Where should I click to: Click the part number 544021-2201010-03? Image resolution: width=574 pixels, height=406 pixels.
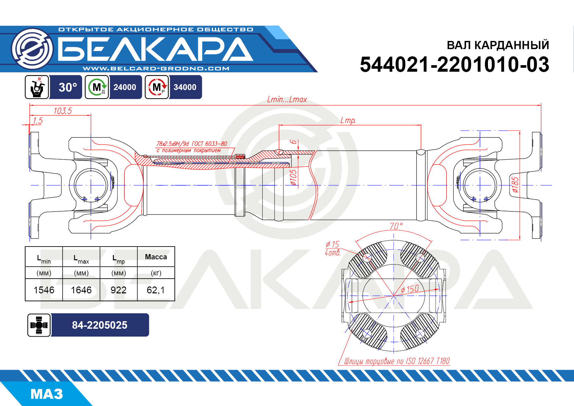coord(454,65)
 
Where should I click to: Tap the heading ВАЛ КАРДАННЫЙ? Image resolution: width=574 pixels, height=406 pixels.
coord(498,45)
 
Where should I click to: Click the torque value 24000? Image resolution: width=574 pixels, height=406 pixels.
coord(125,87)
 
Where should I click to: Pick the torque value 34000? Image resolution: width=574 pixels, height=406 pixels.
coord(185,87)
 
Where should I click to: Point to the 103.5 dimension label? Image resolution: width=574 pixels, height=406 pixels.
coord(63,111)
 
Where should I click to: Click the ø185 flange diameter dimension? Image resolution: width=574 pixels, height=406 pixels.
coord(515,185)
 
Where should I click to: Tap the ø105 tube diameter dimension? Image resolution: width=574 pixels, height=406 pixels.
coord(294,177)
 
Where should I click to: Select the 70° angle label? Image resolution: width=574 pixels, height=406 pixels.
coord(396,226)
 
